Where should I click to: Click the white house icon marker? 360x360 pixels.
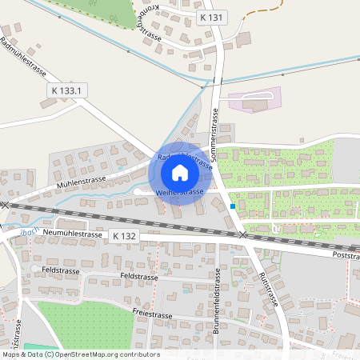pos(179,172)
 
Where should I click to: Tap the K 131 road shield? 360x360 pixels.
pos(212,17)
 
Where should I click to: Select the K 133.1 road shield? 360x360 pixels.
pos(66,90)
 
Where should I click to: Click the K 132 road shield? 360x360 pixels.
pos(125,236)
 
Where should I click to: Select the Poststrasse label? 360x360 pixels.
pos(346,255)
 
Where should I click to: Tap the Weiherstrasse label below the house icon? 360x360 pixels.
pos(179,193)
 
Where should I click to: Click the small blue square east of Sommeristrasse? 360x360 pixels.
pos(233,206)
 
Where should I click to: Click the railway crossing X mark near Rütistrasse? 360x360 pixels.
pos(242,235)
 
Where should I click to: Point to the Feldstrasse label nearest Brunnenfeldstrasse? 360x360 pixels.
pos(138,275)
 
